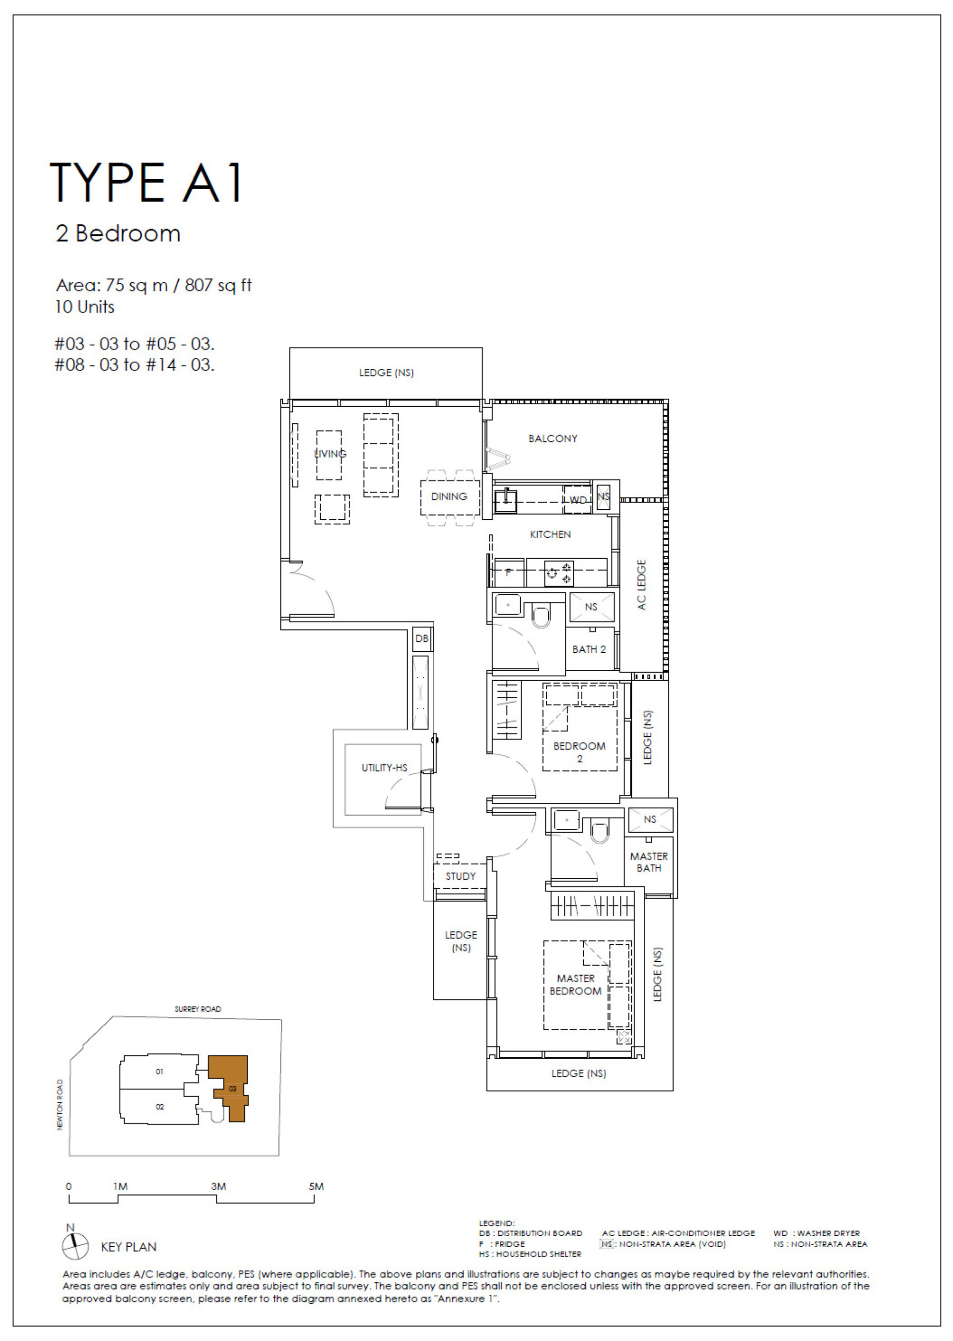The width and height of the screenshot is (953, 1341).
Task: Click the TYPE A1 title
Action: (x=146, y=183)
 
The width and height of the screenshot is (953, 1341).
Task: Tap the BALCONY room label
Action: (x=552, y=438)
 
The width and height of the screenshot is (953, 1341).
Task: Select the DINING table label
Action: (x=449, y=496)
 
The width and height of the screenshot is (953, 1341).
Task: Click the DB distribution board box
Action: (x=421, y=638)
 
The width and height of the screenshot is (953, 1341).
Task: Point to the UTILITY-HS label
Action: (x=384, y=768)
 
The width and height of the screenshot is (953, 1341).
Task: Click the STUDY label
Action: (x=460, y=876)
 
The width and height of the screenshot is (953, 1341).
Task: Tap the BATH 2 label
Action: (x=589, y=649)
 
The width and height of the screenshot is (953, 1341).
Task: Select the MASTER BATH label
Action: (x=648, y=862)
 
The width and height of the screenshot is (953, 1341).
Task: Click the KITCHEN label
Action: (x=550, y=534)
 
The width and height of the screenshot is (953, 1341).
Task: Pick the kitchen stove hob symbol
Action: (x=559, y=573)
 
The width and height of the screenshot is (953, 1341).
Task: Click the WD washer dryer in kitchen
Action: (x=577, y=499)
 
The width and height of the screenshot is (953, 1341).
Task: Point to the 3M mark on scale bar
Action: (x=218, y=1186)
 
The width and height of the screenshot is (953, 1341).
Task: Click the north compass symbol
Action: (x=75, y=1246)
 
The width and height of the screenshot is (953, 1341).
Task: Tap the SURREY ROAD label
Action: (x=198, y=1009)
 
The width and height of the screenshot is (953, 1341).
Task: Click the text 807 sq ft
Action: (x=218, y=285)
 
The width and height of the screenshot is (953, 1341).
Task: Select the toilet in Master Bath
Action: (x=599, y=832)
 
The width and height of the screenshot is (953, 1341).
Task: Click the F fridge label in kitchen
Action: (x=508, y=572)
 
